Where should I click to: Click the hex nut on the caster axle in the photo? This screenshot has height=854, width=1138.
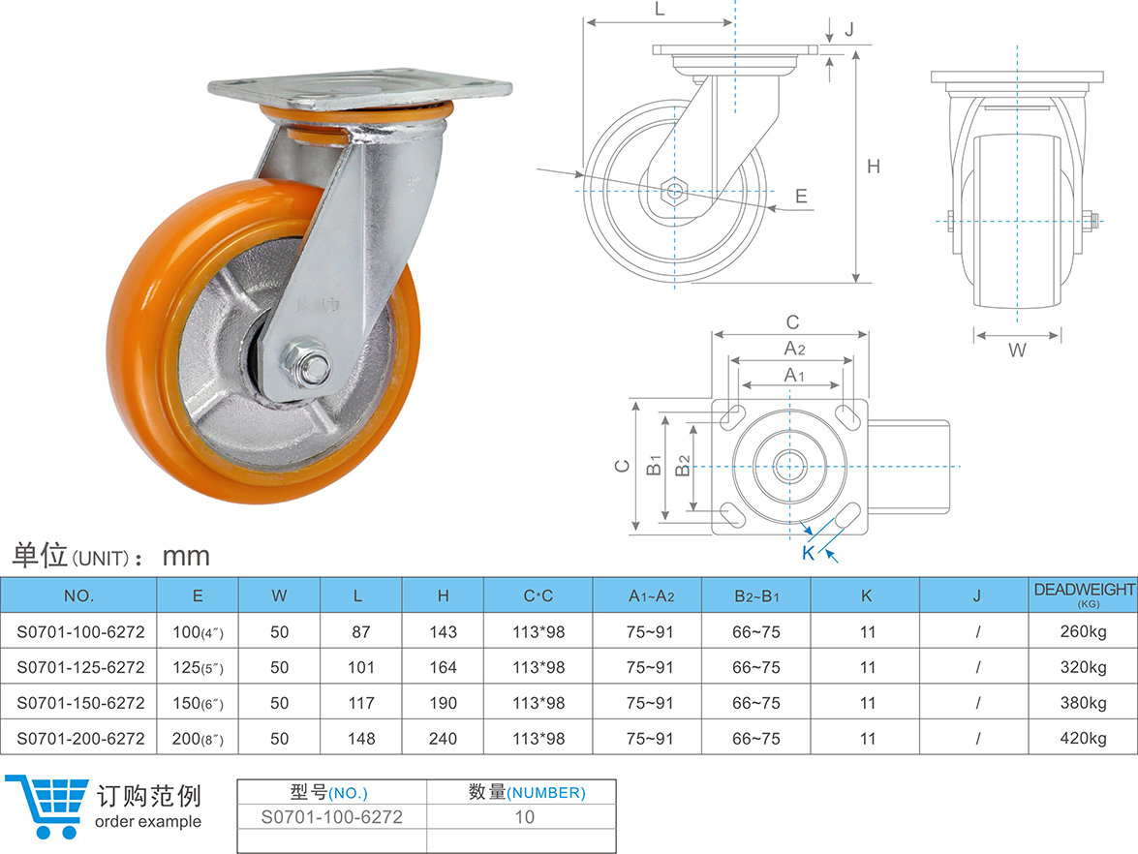coord(306,363)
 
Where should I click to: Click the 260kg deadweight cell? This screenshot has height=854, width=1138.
coord(1083,631)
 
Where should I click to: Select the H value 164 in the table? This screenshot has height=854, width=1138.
coord(443,667)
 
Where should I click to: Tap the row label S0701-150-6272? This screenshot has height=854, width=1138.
coord(80,702)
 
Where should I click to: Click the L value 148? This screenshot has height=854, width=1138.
coord(360,738)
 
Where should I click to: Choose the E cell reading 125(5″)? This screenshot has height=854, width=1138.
coord(198,667)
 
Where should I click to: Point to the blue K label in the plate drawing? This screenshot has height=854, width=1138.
coord(808,553)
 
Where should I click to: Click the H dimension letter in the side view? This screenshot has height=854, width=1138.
coord(873,167)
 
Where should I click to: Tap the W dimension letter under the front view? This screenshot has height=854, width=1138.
coord(1017,350)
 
